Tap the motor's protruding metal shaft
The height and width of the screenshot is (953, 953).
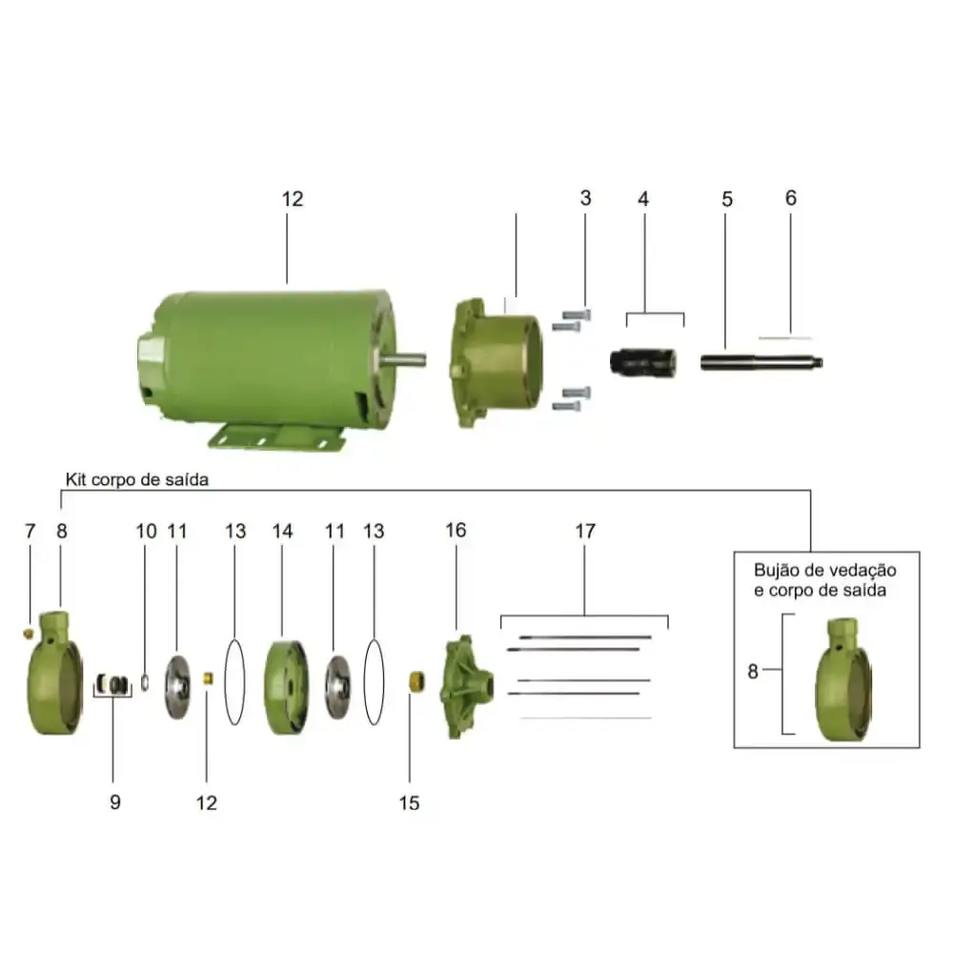403,360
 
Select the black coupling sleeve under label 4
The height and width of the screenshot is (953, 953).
643,362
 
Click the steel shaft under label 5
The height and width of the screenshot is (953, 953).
761,361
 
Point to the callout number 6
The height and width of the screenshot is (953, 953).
791,197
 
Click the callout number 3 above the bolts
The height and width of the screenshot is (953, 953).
585,197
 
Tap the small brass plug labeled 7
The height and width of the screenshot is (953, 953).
28,634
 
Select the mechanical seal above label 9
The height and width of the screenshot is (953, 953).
113,684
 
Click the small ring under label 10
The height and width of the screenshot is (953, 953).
145,682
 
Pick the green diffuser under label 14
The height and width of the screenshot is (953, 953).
286,687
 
